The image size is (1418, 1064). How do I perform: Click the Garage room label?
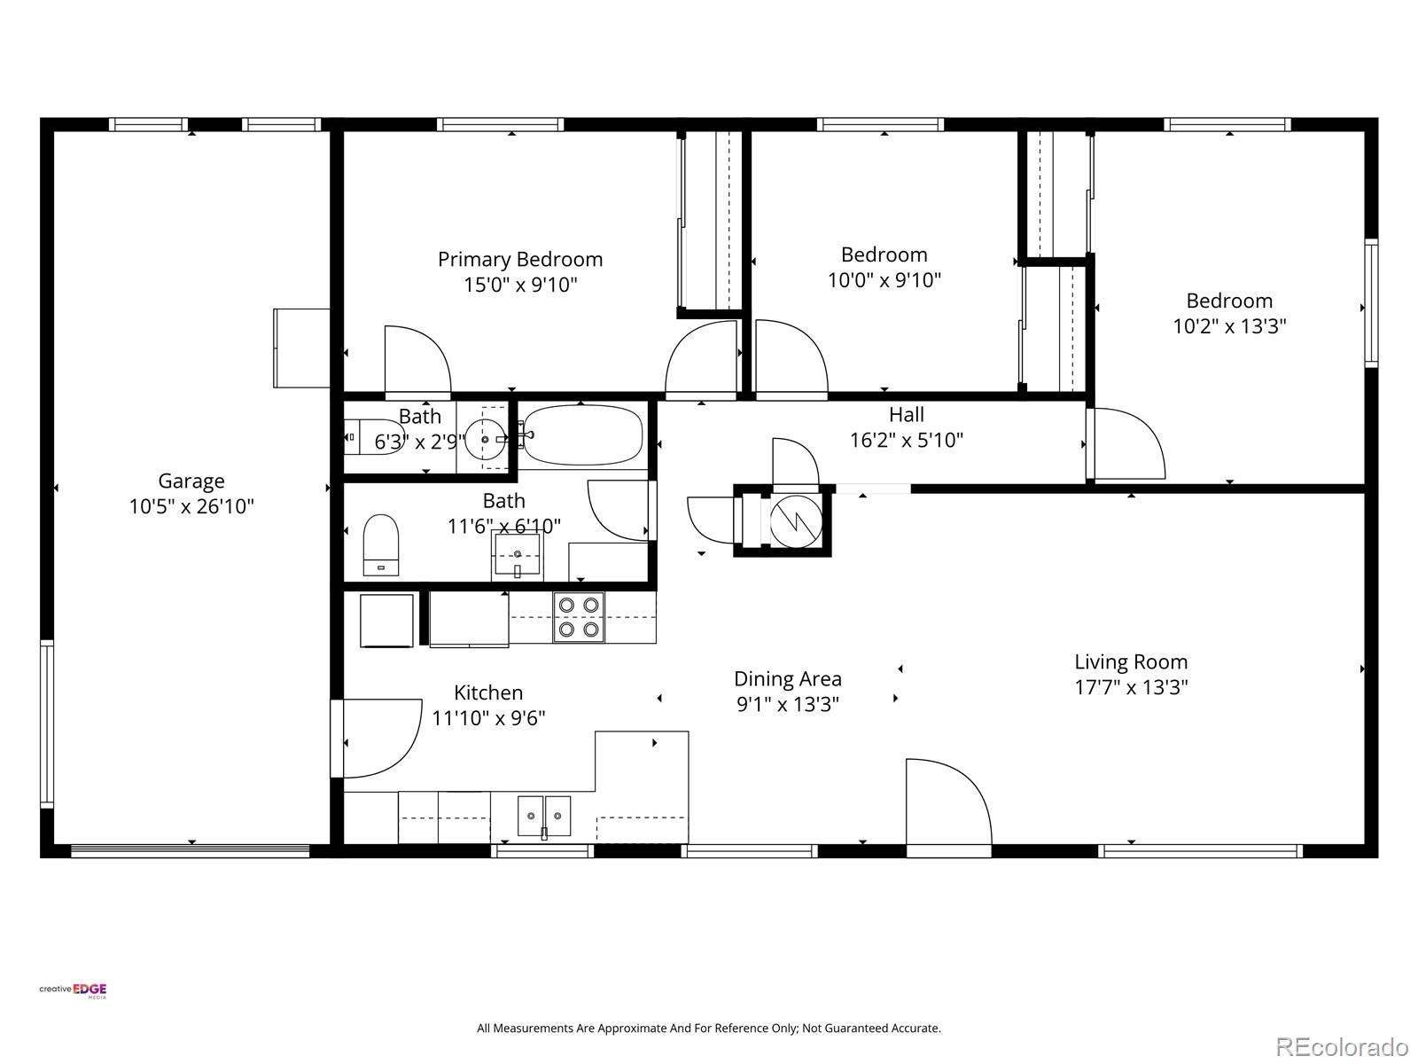(x=191, y=481)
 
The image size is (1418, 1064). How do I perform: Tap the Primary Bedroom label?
(x=520, y=260)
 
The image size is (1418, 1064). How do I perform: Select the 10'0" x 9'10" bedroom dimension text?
(x=884, y=279)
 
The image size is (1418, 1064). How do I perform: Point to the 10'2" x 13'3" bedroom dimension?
(x=1229, y=325)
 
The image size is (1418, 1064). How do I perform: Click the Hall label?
(x=907, y=415)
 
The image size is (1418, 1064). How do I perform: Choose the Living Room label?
(x=1131, y=662)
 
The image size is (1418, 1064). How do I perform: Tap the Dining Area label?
(x=788, y=679)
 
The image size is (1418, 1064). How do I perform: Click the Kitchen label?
(x=488, y=692)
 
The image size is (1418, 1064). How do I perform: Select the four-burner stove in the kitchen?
(x=579, y=617)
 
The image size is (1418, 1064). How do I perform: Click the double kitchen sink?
(x=544, y=817)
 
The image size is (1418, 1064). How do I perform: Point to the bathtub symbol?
(x=582, y=434)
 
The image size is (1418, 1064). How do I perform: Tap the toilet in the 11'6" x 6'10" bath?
(x=381, y=544)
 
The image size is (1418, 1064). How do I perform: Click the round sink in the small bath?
(x=485, y=439)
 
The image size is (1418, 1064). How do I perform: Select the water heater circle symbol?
(x=796, y=521)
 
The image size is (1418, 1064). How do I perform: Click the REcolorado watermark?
(x=1343, y=1046)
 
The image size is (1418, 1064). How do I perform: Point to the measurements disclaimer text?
(x=709, y=1029)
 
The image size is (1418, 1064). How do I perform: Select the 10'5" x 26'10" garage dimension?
(x=191, y=506)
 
